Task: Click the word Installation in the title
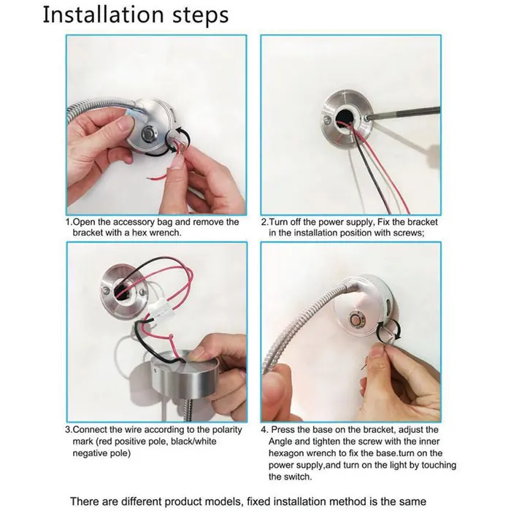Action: coord(103,15)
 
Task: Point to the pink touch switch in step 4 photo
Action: coord(356,319)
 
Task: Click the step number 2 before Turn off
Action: coord(264,222)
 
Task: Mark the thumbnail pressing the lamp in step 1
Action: coord(124,123)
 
